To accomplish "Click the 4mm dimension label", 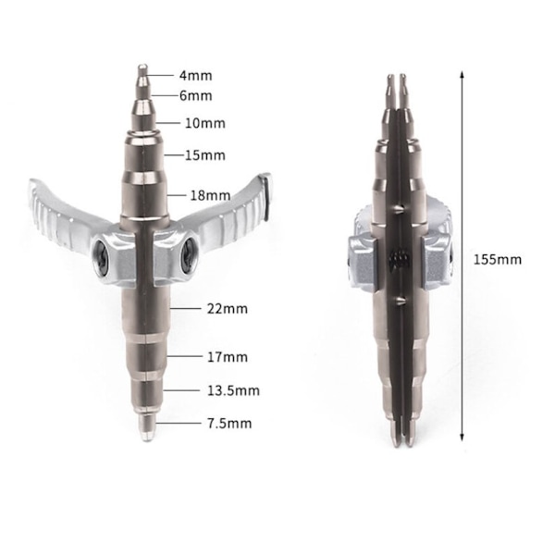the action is [x=196, y=76].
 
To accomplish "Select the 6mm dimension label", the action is [x=196, y=96].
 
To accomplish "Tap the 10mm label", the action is [x=205, y=123].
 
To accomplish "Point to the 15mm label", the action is [x=205, y=155].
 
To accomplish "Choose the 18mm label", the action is [x=210, y=195].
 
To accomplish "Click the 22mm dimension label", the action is [x=228, y=309].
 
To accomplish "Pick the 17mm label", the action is [x=228, y=357].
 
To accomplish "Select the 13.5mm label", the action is [x=233, y=390].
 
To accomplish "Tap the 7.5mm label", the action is [x=229, y=424].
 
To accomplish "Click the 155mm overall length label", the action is [x=498, y=260].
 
